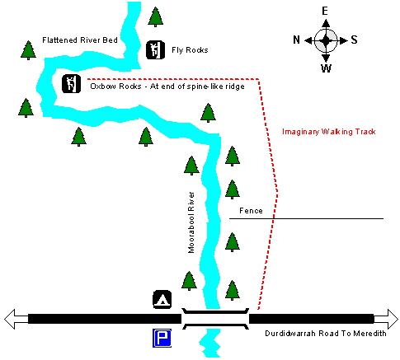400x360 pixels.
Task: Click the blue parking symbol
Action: coord(162,338)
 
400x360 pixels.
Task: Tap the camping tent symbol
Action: coord(162,299)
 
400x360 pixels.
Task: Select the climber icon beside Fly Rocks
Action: coord(155,49)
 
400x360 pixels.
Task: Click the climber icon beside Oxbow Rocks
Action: coord(71,83)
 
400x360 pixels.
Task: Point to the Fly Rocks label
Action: coord(190,50)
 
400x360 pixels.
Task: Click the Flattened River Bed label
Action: coord(80,40)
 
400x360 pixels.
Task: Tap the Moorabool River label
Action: coord(191,222)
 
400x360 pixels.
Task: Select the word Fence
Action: coord(251,211)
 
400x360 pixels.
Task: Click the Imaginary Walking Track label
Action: coord(329,132)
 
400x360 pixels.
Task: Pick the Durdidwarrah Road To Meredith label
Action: coord(326,334)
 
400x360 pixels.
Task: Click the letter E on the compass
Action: coord(325,11)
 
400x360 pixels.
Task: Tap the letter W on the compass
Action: coord(326,68)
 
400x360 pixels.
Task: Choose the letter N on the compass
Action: coord(296,40)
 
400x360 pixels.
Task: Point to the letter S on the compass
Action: coord(354,40)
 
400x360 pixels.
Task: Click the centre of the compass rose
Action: coord(326,40)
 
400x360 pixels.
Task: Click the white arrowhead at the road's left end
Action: coord(16,319)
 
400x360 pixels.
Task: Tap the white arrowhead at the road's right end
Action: coord(386,319)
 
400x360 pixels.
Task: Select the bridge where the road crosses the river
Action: coord(215,319)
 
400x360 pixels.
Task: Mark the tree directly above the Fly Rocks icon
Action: coord(156,16)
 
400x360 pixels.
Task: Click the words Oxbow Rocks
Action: coord(115,86)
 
